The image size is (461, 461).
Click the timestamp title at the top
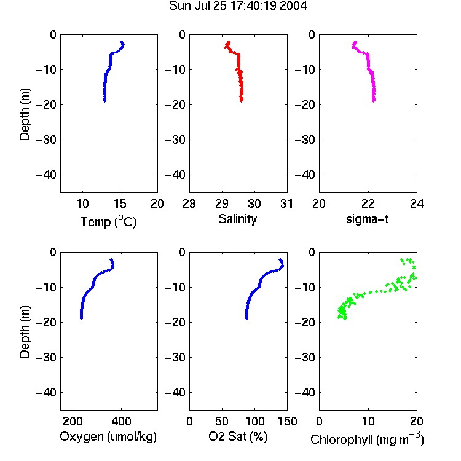[x=238, y=6]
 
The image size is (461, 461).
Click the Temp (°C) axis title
[x=108, y=221]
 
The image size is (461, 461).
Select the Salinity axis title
[x=237, y=219]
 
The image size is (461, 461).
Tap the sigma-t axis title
[x=367, y=219]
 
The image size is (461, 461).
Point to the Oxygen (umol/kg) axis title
[x=108, y=436]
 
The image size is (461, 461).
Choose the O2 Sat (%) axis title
[x=238, y=436]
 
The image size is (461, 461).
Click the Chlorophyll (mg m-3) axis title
[x=367, y=439]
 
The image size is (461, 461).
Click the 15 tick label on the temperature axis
[x=120, y=203]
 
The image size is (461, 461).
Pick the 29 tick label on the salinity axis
[x=222, y=203]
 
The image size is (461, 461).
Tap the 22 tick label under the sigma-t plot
[x=368, y=203]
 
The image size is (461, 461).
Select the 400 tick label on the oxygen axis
[x=121, y=421]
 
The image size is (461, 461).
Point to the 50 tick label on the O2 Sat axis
[x=222, y=421]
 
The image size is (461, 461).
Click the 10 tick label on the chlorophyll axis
[x=368, y=421]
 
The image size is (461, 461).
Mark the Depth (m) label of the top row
[x=25, y=114]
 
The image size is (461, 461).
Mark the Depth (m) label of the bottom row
[x=25, y=332]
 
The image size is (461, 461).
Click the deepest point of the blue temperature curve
[x=104, y=101]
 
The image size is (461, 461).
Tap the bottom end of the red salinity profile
[x=242, y=101]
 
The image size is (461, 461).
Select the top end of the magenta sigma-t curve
[x=355, y=42]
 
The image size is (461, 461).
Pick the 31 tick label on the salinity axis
[x=286, y=203]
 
